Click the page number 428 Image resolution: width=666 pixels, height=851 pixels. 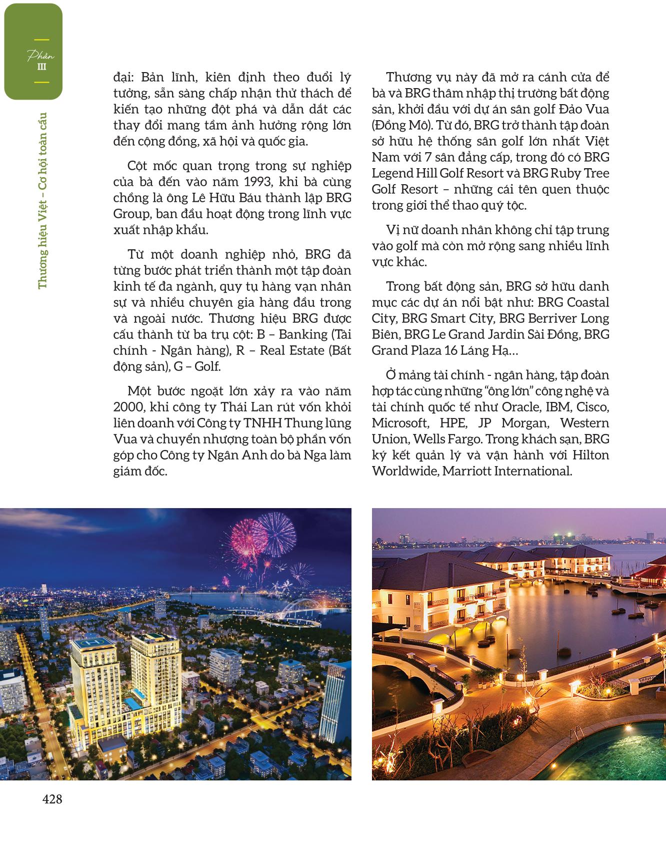click(52, 799)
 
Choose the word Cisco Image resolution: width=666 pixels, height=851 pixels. click(593, 407)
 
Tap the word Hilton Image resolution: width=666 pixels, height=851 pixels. click(590, 455)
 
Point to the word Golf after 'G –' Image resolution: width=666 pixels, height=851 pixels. click(207, 366)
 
